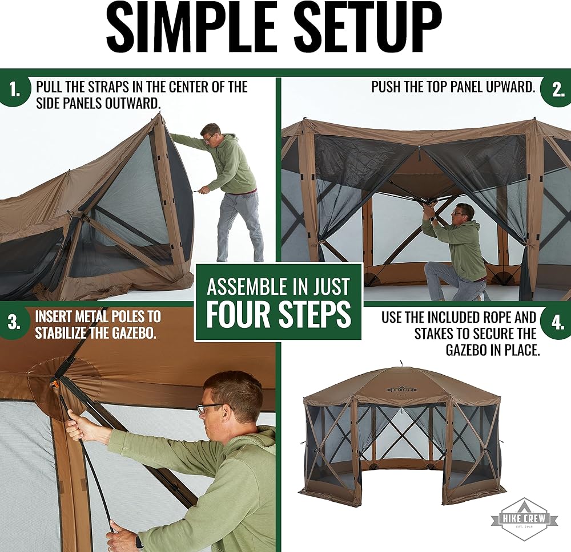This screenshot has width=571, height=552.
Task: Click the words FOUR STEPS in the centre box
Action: [x=279, y=314]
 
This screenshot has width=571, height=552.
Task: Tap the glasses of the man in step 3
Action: [x=210, y=407]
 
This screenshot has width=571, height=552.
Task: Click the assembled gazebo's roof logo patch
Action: [x=402, y=389]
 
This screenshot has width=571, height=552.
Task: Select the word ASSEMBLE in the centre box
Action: [x=250, y=287]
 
